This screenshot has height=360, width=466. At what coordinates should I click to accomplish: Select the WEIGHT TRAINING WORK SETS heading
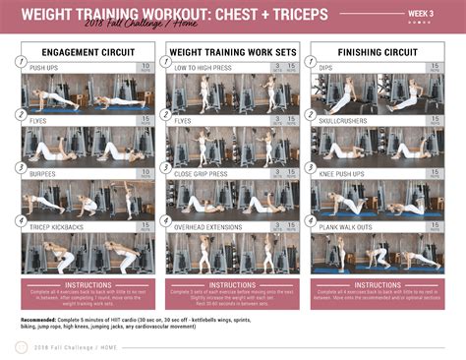(231, 49)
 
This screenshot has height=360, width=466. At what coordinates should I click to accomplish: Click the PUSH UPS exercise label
(44, 68)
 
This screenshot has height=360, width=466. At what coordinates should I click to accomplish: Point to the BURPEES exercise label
(43, 172)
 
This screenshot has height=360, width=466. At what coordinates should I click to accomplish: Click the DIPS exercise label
(327, 68)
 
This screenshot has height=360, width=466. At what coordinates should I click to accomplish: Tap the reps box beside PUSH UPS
(146, 69)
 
